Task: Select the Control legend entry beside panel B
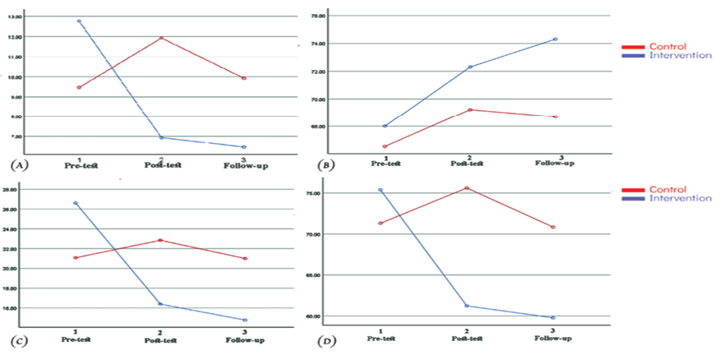666,47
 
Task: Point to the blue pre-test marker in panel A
79,21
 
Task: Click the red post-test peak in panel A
161,38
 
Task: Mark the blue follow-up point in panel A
244,147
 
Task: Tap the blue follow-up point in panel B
555,39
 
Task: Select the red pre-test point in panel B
385,146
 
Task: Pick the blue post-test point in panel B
470,67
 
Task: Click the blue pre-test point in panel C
76,203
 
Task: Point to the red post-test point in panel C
160,240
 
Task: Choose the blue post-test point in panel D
467,306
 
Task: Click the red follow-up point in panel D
554,227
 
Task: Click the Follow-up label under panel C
246,339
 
